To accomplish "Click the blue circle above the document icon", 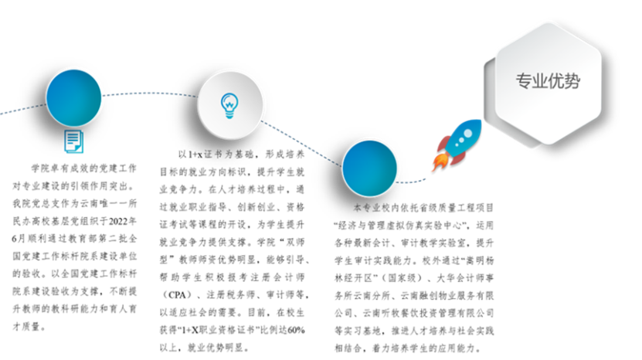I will (x=74, y=97).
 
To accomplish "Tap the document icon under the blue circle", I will (x=73, y=142).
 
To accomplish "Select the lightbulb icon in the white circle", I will (x=229, y=104).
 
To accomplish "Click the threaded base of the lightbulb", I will (x=229, y=114).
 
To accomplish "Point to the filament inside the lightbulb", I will (x=229, y=100).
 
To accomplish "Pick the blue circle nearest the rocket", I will (x=370, y=168).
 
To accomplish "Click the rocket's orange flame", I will (x=438, y=162).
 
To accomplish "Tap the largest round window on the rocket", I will (x=467, y=133).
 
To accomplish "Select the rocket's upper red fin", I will (x=443, y=143).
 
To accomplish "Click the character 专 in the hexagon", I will (x=524, y=81).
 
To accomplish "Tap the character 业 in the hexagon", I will (x=540, y=81).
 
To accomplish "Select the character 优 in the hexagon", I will (x=556, y=81).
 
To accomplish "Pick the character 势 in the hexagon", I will (x=572, y=81).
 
